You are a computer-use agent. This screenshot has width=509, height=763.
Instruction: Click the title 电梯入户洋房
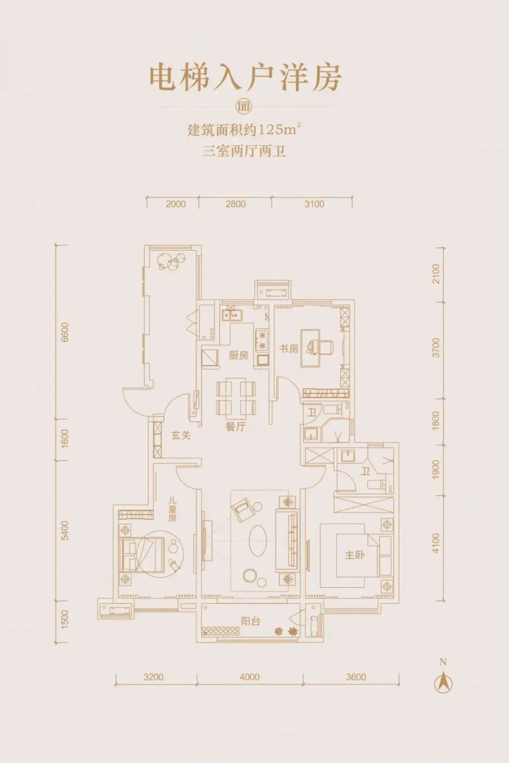pos(245,78)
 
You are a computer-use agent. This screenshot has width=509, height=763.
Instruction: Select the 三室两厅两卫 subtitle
pos(244,151)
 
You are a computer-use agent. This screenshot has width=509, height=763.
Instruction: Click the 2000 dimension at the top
pos(176,204)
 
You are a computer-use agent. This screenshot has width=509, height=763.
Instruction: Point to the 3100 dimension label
pos(314,204)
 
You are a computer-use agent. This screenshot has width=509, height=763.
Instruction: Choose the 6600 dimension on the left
pos(64,332)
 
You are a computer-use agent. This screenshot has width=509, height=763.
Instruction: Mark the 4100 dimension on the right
pos(435,543)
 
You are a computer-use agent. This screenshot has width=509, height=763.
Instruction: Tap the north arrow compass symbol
pos(443,682)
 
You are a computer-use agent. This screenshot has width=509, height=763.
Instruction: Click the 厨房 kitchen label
pos(238,355)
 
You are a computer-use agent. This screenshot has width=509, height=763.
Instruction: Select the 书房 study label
pos(289,348)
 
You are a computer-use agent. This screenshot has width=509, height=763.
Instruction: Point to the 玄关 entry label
pos(181,435)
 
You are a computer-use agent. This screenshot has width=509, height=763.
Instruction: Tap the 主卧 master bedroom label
pos(355,555)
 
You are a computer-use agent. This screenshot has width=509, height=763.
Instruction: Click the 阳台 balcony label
pos(250,621)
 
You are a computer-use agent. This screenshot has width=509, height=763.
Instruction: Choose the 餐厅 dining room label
pos(236,426)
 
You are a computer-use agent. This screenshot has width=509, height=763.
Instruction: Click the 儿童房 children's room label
pos(172,510)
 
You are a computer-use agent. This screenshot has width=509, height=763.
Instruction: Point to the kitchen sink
pos(232,314)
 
